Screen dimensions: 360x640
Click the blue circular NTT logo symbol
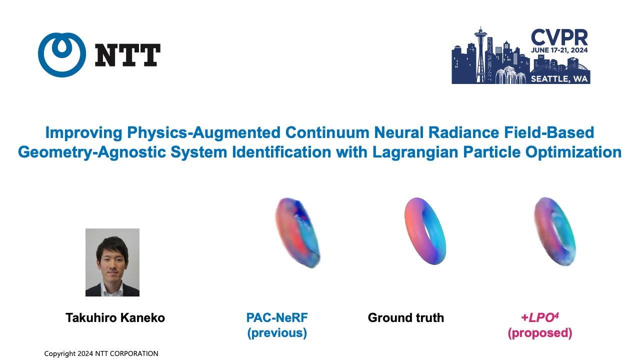(61, 55)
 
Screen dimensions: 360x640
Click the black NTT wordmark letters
(127, 55)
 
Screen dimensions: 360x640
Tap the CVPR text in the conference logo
(559, 37)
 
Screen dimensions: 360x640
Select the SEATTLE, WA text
(559, 78)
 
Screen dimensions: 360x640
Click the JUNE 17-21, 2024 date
(559, 51)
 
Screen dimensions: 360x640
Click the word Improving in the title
(82, 132)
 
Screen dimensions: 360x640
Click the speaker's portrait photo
(112, 262)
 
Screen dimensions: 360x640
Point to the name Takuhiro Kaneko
(115, 317)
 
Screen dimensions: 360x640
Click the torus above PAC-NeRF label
(297, 232)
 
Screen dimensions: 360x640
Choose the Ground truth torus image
(424, 230)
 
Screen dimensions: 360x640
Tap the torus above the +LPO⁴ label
(554, 232)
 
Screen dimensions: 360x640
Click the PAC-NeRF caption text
(277, 317)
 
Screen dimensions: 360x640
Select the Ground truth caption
(405, 317)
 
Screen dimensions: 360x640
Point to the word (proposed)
(540, 333)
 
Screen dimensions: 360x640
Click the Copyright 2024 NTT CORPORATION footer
(101, 353)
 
